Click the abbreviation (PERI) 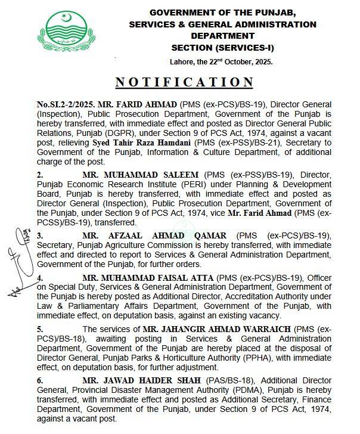pos(180,186)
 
